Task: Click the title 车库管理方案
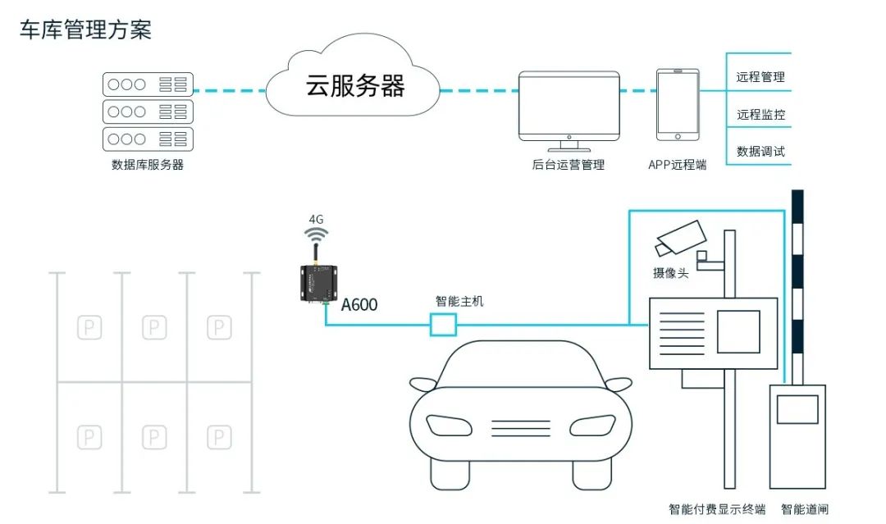pos(85,30)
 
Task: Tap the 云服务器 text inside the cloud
pos(355,85)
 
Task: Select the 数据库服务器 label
pos(148,165)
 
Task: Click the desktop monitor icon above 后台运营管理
pos(569,106)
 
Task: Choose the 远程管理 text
pos(760,77)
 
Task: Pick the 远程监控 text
pos(760,115)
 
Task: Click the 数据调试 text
pos(760,152)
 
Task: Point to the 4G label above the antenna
pos(316,220)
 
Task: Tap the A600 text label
pos(359,305)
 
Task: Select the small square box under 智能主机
pos(443,326)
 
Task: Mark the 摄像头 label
pos(670,273)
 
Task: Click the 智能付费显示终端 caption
pos(716,509)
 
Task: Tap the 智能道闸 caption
pos(804,509)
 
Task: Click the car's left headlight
pos(448,425)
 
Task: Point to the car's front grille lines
pos(520,426)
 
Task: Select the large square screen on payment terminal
pos(738,331)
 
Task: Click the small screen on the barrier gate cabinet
pos(797,409)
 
